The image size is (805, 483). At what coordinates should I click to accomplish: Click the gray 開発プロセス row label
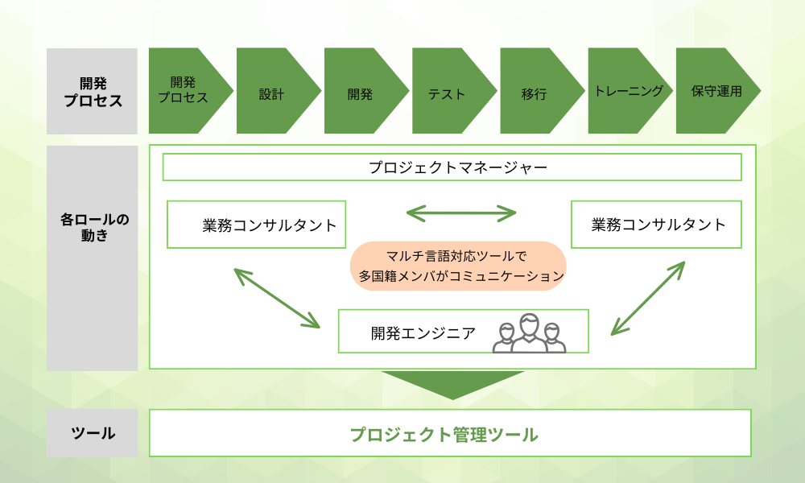[x=93, y=91]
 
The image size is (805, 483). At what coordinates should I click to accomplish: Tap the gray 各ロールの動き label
[x=93, y=258]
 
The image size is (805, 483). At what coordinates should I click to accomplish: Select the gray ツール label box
[x=93, y=433]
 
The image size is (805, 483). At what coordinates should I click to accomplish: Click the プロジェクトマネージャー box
[x=452, y=167]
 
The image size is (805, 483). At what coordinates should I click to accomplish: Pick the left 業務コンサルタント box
[x=257, y=225]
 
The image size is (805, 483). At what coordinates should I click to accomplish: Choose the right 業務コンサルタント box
[x=657, y=225]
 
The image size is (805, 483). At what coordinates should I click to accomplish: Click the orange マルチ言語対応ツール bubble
[x=458, y=266]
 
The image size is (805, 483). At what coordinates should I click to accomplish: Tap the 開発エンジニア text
[x=423, y=333]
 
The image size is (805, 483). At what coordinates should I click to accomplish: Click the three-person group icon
[x=530, y=333]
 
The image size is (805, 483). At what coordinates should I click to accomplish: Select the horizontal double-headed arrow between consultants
[x=461, y=213]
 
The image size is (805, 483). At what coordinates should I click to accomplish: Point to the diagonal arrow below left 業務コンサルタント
[x=277, y=298]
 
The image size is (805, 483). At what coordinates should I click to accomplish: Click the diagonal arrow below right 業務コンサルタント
[x=648, y=298]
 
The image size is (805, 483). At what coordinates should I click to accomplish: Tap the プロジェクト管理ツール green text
[x=444, y=435]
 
